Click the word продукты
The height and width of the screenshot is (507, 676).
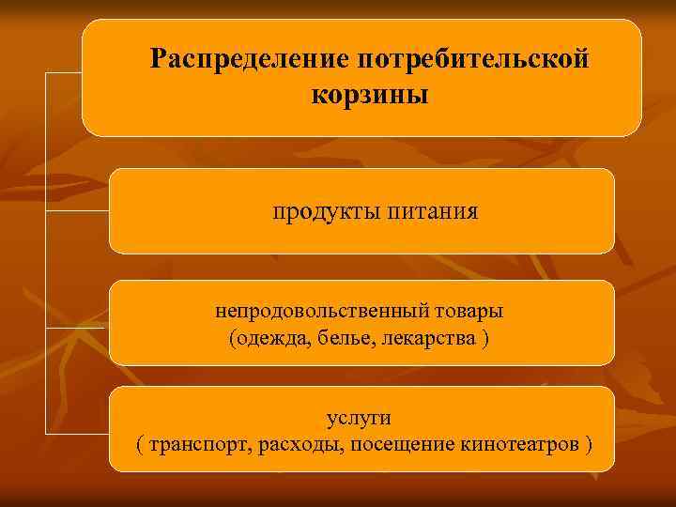[323, 212]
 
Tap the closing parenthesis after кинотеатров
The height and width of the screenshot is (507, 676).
[588, 443]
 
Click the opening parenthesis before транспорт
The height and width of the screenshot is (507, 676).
[140, 443]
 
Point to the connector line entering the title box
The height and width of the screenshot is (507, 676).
[64, 71]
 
